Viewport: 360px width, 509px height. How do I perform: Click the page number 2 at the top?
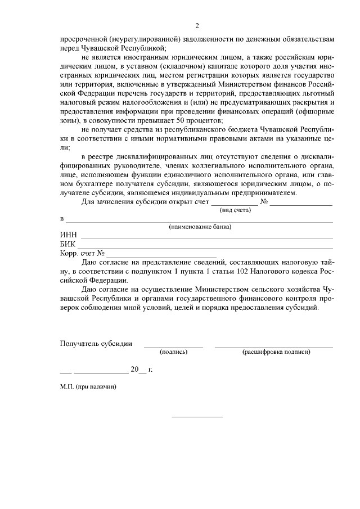click(x=197, y=26)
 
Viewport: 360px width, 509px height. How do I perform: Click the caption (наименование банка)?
click(x=200, y=227)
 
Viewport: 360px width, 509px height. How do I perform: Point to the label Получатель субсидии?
click(x=96, y=343)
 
